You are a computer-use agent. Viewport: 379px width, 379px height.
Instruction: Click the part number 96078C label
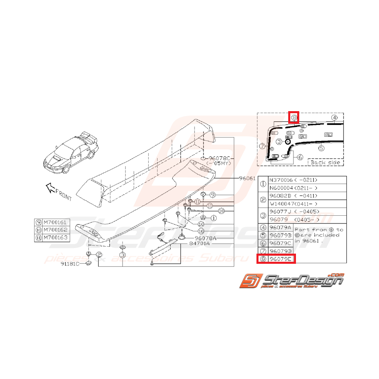click(x=219, y=158)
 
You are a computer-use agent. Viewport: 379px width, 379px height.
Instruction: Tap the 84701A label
click(x=199, y=244)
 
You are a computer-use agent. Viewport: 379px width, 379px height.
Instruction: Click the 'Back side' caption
click(x=325, y=162)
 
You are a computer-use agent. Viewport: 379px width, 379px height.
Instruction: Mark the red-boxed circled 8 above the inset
click(x=294, y=118)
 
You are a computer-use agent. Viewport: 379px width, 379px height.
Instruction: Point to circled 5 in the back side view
click(x=321, y=149)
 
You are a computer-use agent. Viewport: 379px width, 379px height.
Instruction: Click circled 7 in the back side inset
click(x=263, y=145)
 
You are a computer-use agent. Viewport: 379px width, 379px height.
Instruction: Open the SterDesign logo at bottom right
click(x=291, y=281)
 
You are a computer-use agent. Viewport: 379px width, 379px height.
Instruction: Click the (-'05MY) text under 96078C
click(x=220, y=164)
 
